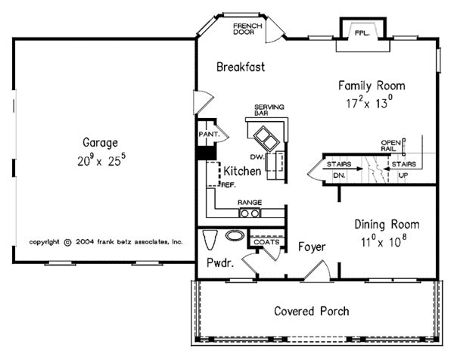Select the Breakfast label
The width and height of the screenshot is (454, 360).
241,67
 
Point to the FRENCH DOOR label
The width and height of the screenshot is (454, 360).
247,28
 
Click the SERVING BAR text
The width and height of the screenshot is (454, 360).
266,110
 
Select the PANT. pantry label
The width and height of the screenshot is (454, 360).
208,134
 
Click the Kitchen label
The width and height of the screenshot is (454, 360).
242,172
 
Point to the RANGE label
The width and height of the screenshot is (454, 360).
250,203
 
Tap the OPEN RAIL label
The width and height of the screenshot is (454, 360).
390,144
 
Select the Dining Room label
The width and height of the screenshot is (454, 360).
387,225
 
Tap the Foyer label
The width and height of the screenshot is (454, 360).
311,246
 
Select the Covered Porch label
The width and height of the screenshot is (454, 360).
312,311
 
